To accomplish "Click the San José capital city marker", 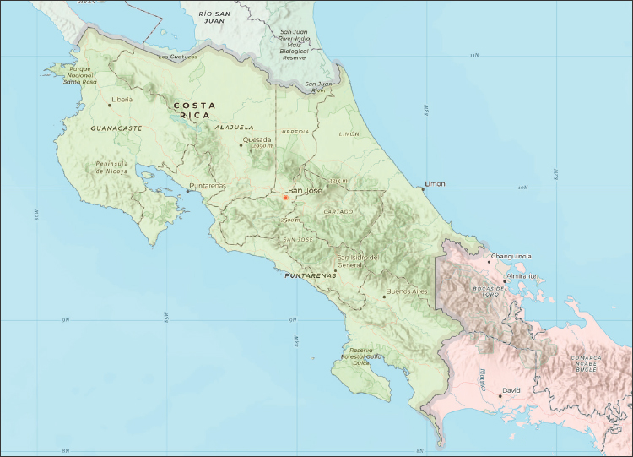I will (285, 198).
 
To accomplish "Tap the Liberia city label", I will (123, 100).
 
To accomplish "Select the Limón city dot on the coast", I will (424, 189).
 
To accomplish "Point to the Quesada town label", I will (257, 139).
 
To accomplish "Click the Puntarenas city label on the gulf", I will (208, 185).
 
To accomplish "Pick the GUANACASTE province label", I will (116, 128).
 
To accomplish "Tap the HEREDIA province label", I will (295, 133).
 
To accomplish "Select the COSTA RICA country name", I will (194, 110).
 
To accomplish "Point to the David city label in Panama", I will (511, 390).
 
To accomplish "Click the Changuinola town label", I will (511, 256).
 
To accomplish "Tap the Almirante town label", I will (523, 276).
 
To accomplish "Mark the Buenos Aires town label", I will (407, 291).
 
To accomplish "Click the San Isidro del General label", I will (360, 260).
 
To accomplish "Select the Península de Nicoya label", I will (111, 166).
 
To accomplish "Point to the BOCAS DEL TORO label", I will (493, 292).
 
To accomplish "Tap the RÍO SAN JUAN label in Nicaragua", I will (216, 17).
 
